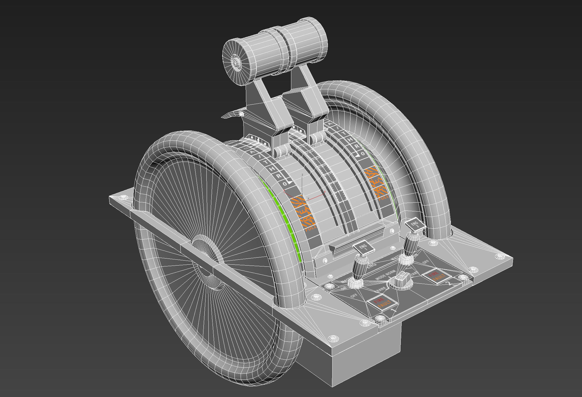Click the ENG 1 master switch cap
click(363, 247)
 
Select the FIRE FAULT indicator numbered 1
click(382, 303)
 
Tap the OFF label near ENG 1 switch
click(354, 295)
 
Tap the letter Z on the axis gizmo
click(302, 175)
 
